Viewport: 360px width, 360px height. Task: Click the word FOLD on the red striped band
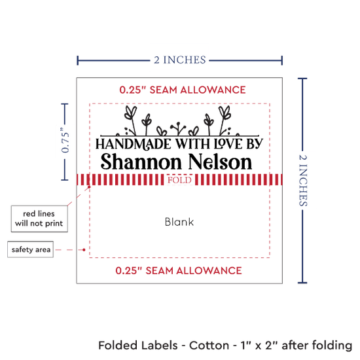pos(179,180)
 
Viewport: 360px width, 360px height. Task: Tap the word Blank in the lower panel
pos(179,222)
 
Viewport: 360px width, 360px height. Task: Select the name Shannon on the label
pos(141,162)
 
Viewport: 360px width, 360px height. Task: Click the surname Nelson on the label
pos(220,162)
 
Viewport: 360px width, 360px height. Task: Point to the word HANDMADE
pos(133,144)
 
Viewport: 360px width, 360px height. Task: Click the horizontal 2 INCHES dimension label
pos(180,60)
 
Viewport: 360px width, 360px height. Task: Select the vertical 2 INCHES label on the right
pos(303,181)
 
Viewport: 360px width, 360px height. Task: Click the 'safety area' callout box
pos(31,249)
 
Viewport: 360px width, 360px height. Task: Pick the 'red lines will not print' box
pos(39,219)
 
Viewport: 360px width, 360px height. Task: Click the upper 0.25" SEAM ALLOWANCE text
pos(183,90)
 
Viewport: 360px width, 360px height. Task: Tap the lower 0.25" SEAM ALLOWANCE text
pos(179,271)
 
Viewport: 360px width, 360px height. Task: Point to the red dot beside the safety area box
pos(84,249)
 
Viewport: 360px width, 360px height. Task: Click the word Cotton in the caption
pos(209,346)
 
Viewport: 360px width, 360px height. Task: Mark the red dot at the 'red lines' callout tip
pos(89,187)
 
